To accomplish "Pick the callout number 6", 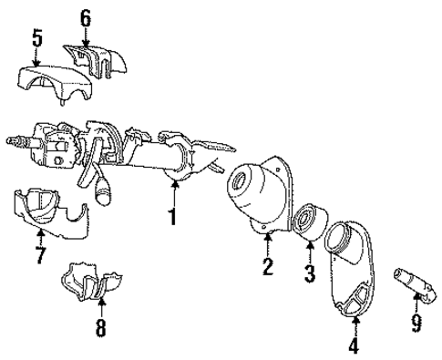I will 85,16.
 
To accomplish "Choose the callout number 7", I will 39,254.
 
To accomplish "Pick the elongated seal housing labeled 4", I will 357,273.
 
